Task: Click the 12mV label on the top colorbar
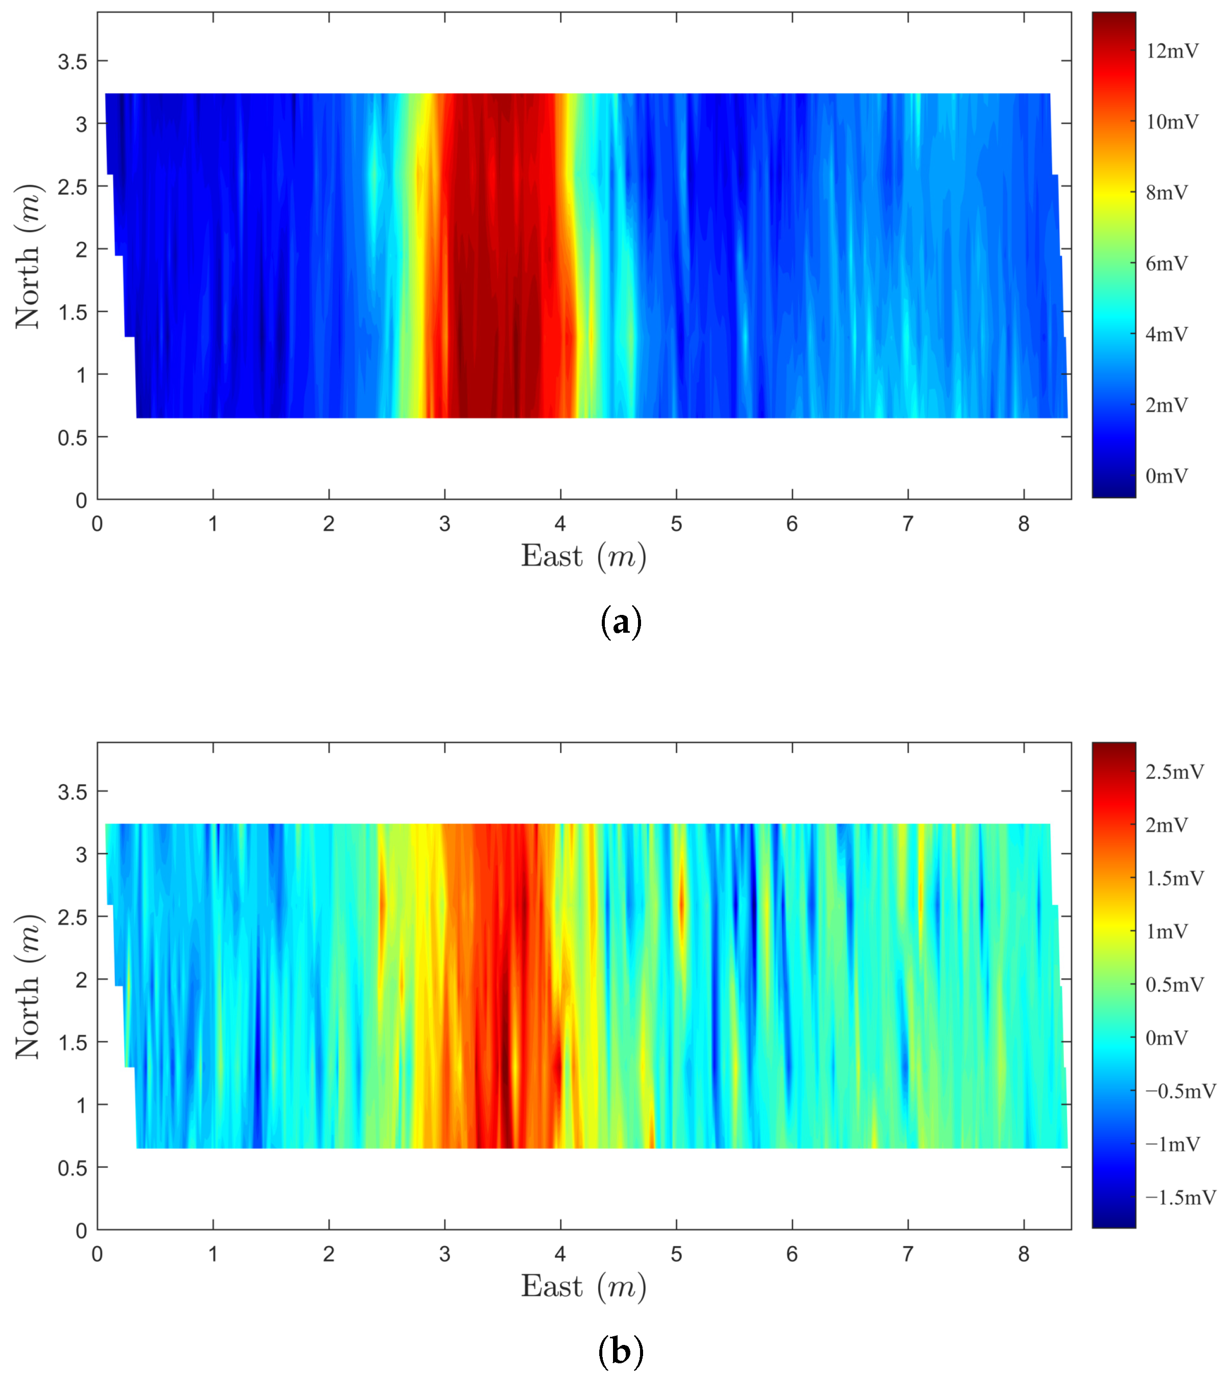tap(1172, 51)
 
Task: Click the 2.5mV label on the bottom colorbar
tap(1175, 771)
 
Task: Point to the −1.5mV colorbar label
tap(1181, 1197)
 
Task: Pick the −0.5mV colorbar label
tap(1181, 1091)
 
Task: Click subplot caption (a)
tap(620, 622)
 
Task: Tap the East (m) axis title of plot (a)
tap(583, 557)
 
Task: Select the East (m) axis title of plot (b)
tap(583, 1286)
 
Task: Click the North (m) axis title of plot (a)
tap(28, 256)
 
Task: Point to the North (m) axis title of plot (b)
tap(28, 987)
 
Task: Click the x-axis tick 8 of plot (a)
tap(1024, 524)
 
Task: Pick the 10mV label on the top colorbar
tap(1172, 122)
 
